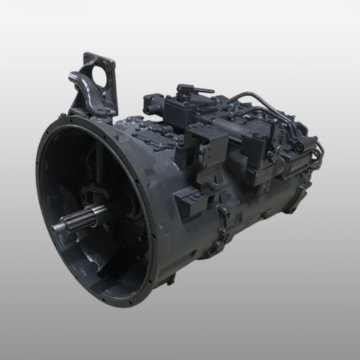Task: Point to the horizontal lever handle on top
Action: (x=194, y=90)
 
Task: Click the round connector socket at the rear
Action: (x=297, y=150)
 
